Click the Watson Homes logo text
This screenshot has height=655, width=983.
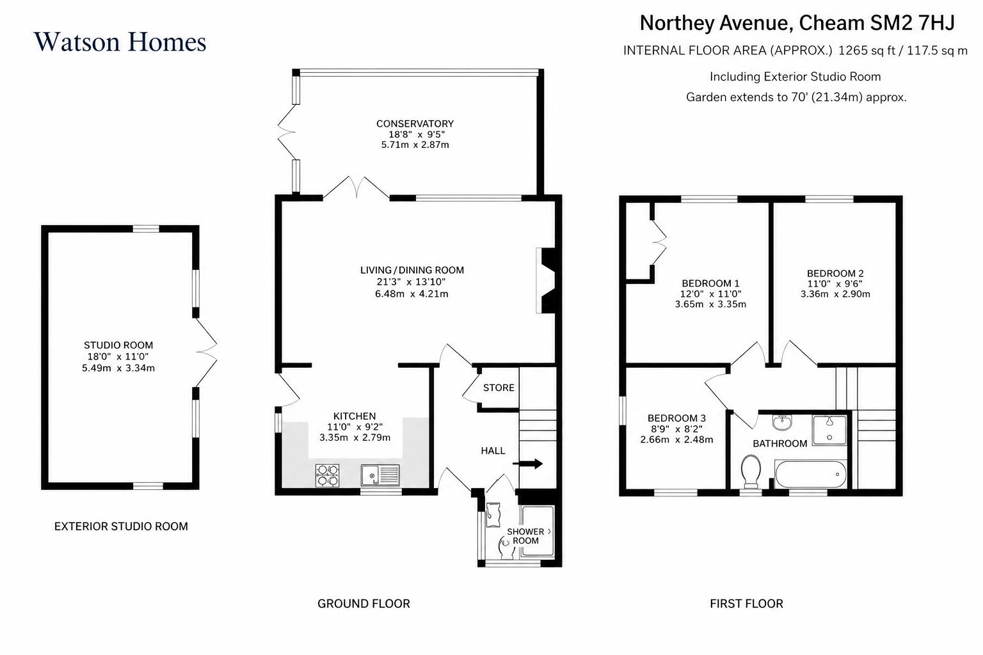tap(120, 42)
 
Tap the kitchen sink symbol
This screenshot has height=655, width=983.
tap(380, 475)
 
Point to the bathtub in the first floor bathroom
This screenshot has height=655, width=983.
tap(810, 474)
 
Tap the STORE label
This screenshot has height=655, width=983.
tap(499, 388)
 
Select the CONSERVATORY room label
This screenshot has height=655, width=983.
tap(415, 123)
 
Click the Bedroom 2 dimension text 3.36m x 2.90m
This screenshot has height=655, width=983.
tap(835, 294)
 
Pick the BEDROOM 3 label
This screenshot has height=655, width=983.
tap(676, 418)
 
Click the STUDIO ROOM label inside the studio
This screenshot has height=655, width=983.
tap(118, 345)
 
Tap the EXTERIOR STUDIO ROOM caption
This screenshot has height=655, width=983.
tap(121, 526)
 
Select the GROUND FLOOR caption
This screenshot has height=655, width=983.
tap(364, 603)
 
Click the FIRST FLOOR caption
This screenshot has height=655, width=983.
tap(746, 603)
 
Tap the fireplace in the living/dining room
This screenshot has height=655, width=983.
tap(546, 281)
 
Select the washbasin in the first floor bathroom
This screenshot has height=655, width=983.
tap(782, 422)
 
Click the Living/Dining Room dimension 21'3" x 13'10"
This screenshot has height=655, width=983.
tap(412, 281)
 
